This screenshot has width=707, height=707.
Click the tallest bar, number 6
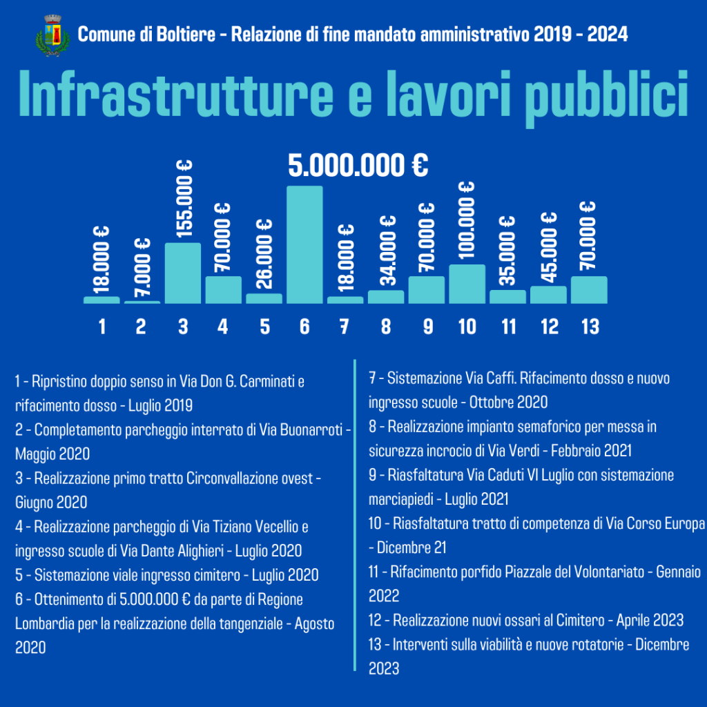point(304,244)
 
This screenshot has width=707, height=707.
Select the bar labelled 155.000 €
point(183,273)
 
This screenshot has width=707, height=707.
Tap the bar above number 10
point(467,284)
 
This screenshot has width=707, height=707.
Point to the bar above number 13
point(589,290)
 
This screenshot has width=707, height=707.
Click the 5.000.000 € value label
point(358,166)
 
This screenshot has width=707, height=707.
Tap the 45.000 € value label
point(549,245)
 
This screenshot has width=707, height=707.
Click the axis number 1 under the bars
point(102,326)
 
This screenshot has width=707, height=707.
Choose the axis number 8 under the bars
point(386,326)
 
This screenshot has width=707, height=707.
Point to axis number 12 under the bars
point(549,326)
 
